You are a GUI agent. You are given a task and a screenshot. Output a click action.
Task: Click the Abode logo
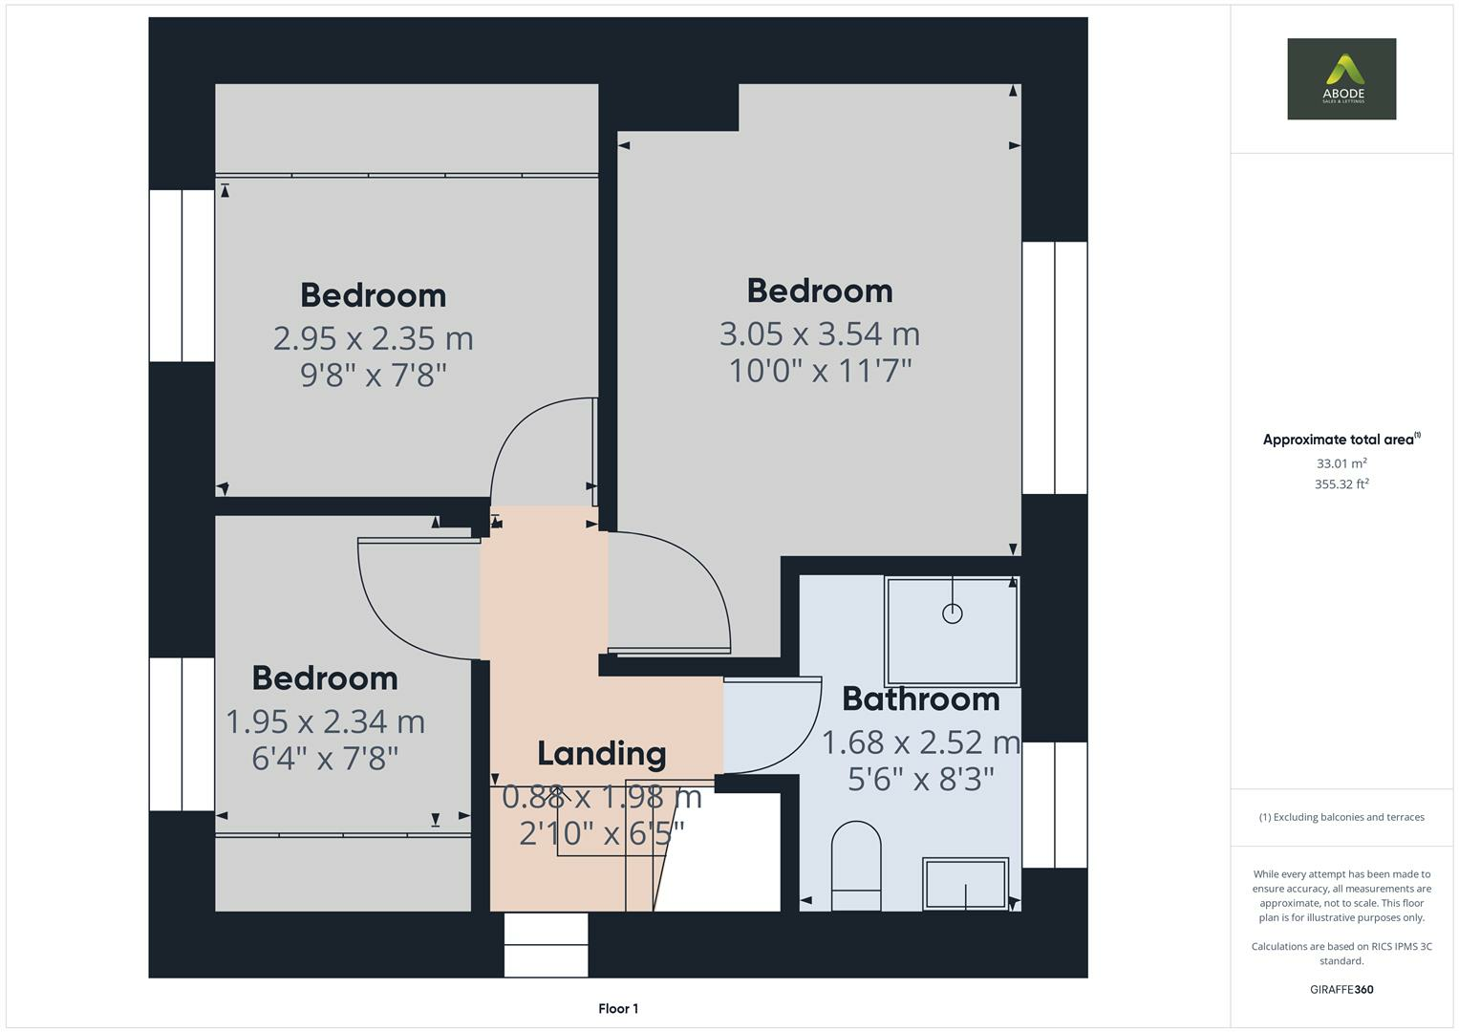(x=1341, y=78)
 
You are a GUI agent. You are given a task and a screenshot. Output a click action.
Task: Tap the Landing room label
(x=601, y=754)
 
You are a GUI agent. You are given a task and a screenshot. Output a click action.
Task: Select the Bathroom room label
(x=920, y=699)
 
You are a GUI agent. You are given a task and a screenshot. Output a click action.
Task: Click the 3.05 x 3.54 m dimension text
(x=819, y=333)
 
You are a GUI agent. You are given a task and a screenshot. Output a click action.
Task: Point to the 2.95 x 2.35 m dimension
(x=373, y=338)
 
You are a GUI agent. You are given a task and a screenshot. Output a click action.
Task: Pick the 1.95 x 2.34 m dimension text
(x=325, y=721)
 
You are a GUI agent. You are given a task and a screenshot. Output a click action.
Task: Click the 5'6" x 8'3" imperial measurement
(x=920, y=780)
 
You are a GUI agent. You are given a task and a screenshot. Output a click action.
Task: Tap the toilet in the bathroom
(x=856, y=864)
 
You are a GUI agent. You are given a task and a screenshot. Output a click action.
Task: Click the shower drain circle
(x=952, y=613)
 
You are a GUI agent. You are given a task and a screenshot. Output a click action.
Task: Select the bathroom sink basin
(x=965, y=884)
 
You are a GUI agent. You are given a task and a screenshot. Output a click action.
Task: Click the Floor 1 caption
(x=618, y=1008)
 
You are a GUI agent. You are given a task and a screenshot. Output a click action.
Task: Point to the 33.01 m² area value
(x=1341, y=463)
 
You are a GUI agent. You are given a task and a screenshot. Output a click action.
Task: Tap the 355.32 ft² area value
(x=1341, y=484)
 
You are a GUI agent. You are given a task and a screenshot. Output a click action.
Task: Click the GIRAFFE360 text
(x=1341, y=989)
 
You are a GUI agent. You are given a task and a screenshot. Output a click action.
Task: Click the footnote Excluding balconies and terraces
(x=1341, y=817)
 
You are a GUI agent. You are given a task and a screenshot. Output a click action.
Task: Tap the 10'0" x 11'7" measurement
(x=819, y=371)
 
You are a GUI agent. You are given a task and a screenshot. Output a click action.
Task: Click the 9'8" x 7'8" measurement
(x=373, y=375)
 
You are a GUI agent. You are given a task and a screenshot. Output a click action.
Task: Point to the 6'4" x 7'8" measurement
(x=325, y=758)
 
